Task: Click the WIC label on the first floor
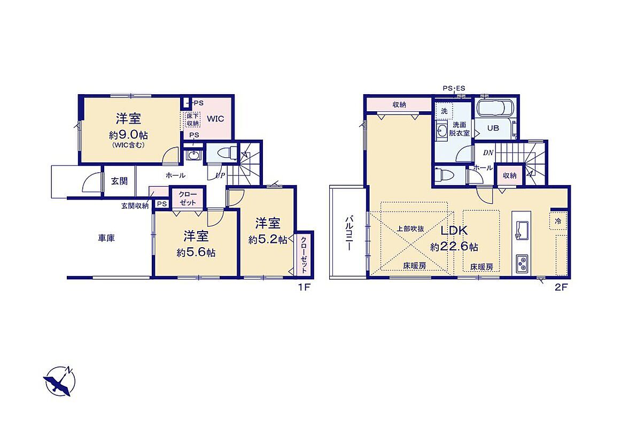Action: point(215,118)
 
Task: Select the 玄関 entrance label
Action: point(119,181)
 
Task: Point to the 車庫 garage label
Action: point(106,239)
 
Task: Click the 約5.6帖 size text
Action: point(196,253)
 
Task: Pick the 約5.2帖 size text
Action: point(268,240)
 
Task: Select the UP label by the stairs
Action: point(220,175)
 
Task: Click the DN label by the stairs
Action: point(488,152)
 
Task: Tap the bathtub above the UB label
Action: point(495,108)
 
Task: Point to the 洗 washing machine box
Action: point(444,111)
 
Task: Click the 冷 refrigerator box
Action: point(558,221)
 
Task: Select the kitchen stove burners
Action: point(522,264)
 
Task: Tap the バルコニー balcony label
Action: point(349,233)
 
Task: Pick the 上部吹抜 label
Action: point(410,229)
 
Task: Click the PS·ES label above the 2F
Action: point(454,88)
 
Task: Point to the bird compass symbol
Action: point(59,381)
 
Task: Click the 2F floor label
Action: point(561,288)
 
